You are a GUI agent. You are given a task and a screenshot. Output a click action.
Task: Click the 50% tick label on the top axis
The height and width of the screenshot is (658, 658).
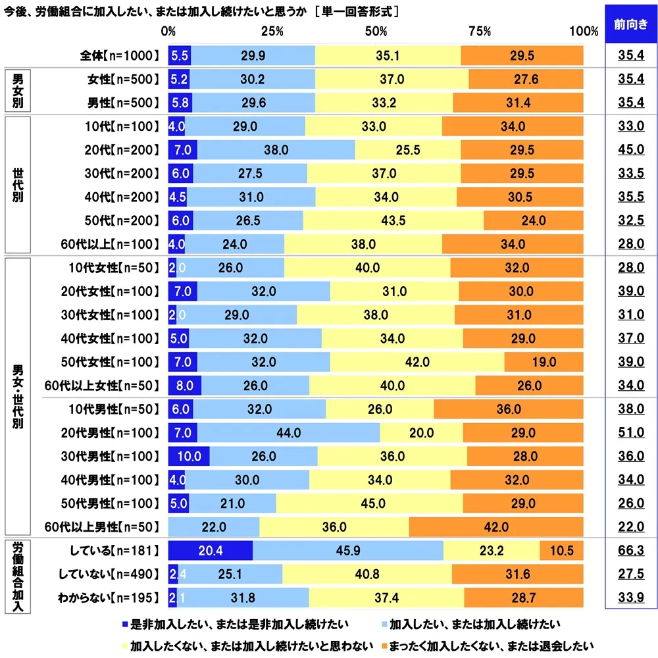[376, 32]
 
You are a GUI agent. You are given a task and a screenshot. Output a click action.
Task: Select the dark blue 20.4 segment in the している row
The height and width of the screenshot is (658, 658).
[211, 551]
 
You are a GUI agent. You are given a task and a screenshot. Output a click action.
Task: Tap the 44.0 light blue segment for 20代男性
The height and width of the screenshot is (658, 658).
[289, 432]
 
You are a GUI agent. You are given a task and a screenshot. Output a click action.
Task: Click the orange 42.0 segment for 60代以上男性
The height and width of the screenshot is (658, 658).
[496, 527]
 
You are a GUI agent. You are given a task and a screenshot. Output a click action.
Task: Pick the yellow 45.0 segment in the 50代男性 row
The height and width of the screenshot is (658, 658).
[369, 503]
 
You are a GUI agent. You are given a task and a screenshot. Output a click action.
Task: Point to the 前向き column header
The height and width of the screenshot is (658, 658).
[630, 25]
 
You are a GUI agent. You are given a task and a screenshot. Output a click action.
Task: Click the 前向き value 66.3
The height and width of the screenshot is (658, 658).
[630, 551]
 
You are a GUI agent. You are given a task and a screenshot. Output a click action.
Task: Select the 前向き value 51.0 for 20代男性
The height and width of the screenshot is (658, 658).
[630, 432]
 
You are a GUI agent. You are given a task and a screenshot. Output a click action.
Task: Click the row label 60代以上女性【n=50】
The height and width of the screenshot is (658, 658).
[100, 385]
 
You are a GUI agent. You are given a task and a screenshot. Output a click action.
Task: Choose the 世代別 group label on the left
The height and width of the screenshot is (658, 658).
[18, 185]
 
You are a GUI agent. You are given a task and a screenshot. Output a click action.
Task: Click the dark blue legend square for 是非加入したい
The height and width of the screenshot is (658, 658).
[126, 622]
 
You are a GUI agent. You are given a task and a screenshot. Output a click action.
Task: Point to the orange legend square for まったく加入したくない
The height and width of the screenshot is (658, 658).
[384, 644]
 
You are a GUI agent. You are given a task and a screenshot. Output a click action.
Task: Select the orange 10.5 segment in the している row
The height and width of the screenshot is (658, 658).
[561, 551]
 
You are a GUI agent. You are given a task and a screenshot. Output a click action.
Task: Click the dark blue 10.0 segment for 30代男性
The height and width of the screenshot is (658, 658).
[189, 456]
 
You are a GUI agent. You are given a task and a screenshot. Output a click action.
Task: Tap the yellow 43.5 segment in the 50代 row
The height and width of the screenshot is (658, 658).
[393, 220]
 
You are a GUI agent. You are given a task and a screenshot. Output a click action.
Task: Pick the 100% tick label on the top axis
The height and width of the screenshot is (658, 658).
[583, 32]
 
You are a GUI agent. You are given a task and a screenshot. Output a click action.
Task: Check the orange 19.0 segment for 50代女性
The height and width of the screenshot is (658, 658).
[544, 361]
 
